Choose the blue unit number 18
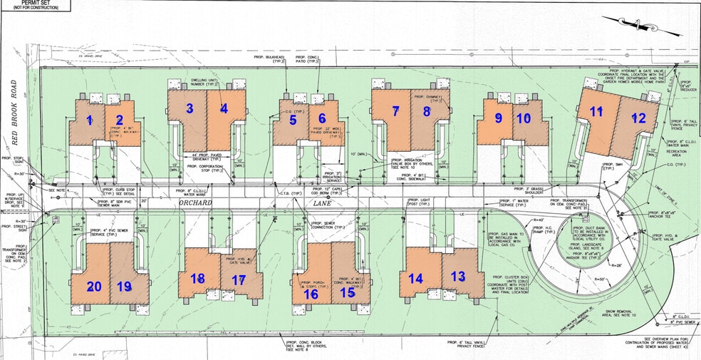[x=197, y=278]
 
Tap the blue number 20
[x=93, y=287]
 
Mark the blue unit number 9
[x=499, y=118]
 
